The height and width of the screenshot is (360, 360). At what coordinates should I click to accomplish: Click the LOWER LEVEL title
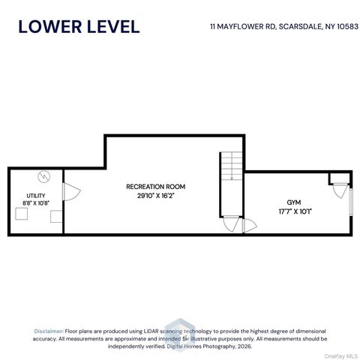click(79, 27)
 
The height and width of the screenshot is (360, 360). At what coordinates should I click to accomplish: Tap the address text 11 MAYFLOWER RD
click(242, 26)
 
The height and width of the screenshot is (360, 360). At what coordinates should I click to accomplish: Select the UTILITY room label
click(36, 196)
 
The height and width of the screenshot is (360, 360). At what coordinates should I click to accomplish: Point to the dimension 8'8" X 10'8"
click(36, 203)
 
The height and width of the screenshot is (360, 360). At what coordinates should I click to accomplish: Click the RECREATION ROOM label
click(155, 187)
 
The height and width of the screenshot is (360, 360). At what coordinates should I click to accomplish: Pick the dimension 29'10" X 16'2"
click(155, 196)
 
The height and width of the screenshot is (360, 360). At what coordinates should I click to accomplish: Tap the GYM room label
click(294, 202)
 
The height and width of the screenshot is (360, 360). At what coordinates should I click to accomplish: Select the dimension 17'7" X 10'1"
click(295, 211)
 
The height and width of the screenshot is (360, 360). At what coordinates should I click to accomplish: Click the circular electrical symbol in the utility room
click(44, 177)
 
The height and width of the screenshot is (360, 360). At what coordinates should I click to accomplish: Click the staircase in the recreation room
click(232, 166)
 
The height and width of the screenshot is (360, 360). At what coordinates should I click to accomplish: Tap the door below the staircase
click(231, 224)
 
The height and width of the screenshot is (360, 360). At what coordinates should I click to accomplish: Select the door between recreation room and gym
click(250, 226)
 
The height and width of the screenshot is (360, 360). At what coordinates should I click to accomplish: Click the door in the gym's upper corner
click(340, 190)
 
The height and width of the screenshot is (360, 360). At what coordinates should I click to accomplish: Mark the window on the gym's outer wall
click(351, 202)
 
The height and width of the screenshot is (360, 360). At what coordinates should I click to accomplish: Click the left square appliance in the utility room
click(22, 214)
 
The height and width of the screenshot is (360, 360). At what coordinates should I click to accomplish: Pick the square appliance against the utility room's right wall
click(56, 217)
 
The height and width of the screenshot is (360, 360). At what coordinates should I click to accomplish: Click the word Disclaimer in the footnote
click(49, 331)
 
